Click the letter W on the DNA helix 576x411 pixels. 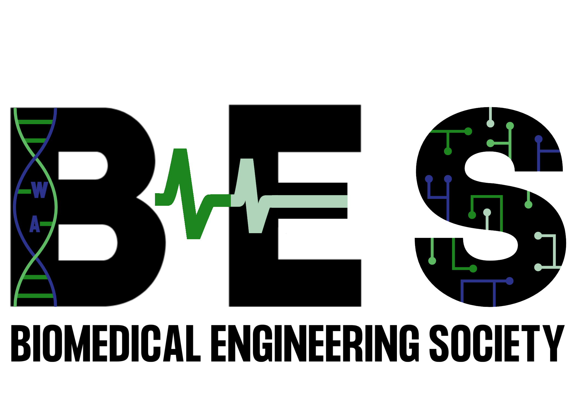39,190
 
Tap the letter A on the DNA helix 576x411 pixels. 35,224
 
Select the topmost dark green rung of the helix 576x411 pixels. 35,122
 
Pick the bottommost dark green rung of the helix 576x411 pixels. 35,296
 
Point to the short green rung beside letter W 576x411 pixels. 24,192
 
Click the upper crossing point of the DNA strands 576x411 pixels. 35,158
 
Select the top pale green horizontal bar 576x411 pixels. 313,170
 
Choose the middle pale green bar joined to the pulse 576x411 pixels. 310,201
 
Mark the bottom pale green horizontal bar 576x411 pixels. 313,226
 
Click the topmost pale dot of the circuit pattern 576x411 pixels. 490,124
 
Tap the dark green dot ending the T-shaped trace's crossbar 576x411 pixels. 468,131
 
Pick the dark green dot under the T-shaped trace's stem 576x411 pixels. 448,151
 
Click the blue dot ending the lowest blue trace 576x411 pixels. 510,281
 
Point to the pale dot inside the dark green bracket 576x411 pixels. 487,212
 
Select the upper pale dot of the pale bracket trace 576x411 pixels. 538,236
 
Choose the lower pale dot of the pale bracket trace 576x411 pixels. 538,267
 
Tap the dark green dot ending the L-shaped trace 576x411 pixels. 473,269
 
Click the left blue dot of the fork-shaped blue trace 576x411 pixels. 429,179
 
